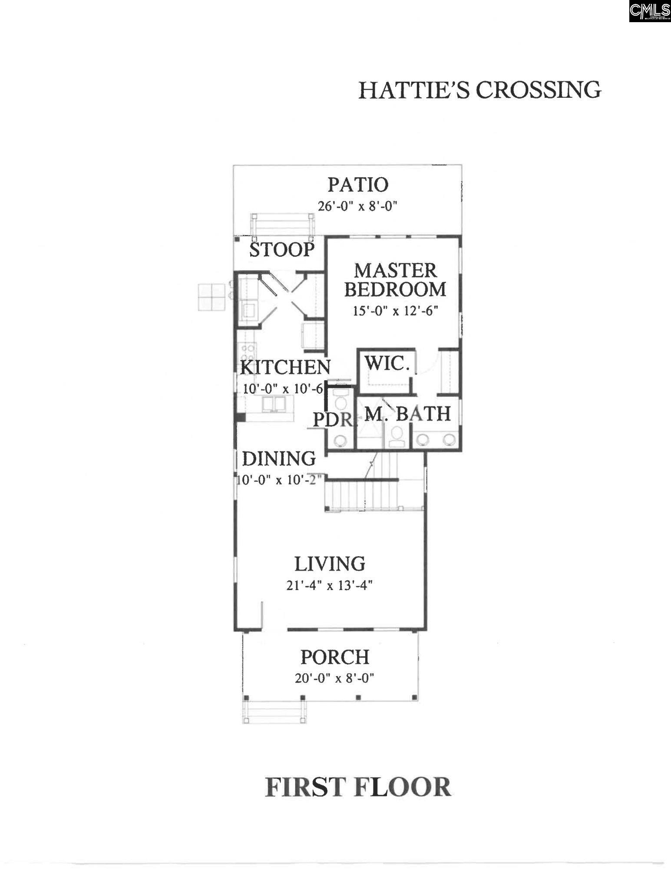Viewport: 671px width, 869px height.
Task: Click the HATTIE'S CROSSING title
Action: (x=479, y=90)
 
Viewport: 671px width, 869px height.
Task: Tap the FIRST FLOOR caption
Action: (x=358, y=787)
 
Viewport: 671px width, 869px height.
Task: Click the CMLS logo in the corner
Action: (x=650, y=11)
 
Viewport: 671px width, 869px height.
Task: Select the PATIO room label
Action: (x=358, y=184)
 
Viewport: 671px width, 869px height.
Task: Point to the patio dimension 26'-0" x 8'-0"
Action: (x=358, y=206)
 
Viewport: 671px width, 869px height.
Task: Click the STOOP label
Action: (x=282, y=249)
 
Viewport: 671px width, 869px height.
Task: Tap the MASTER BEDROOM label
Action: (x=395, y=280)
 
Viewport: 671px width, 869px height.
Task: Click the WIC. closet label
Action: (x=387, y=363)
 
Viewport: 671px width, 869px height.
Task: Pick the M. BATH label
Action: (x=407, y=414)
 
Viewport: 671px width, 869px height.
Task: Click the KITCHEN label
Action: (x=285, y=367)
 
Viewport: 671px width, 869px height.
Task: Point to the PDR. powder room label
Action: (x=333, y=420)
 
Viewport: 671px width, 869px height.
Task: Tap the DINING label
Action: (x=279, y=459)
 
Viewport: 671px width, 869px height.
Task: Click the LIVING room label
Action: (x=330, y=564)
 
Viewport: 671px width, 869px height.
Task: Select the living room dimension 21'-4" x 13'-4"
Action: (x=330, y=586)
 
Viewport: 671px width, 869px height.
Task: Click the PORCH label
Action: (x=335, y=657)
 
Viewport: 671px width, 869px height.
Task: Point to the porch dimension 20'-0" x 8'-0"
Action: (x=335, y=678)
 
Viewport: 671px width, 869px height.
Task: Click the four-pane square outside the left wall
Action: (x=212, y=297)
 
